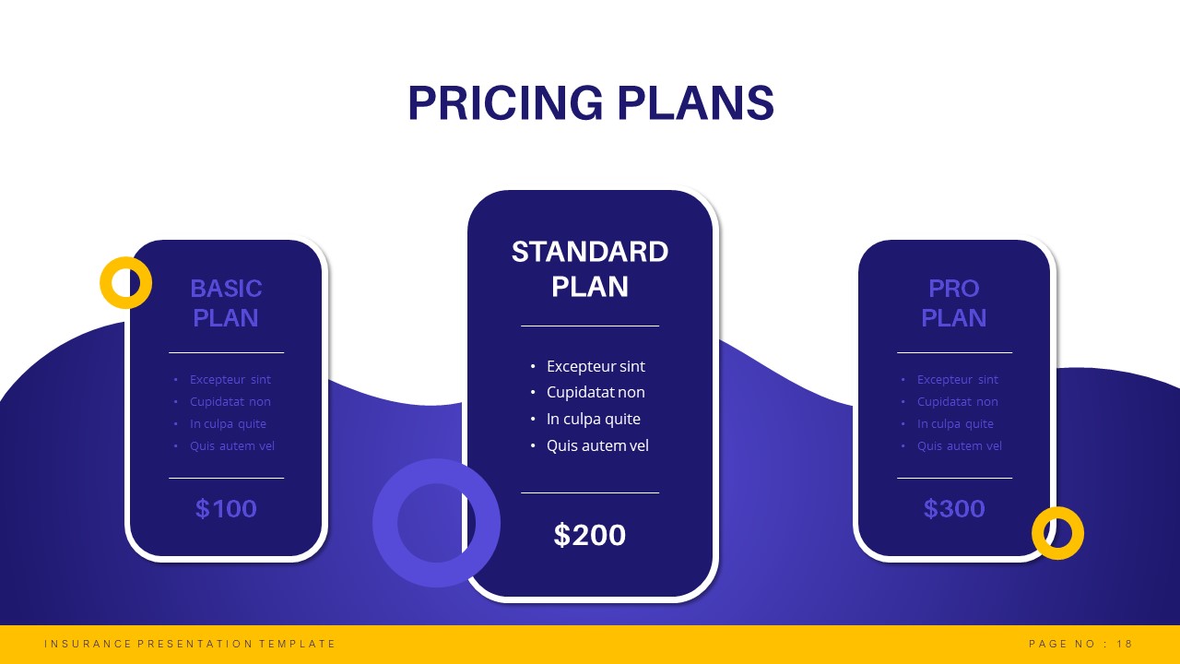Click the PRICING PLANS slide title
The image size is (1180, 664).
590,103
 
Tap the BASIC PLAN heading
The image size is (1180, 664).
226,302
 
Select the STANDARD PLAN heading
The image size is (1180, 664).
590,268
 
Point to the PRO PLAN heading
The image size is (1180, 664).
953,302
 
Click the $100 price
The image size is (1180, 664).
226,509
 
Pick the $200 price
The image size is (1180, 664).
590,535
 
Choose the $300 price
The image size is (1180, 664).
954,509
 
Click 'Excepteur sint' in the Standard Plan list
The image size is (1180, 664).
596,366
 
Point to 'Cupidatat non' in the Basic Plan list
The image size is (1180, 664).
230,402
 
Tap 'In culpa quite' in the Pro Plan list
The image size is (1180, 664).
955,424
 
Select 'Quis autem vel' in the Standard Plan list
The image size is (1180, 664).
597,445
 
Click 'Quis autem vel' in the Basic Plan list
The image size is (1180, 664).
232,446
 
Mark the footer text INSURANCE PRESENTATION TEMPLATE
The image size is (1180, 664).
190,644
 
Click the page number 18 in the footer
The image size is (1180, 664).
1124,644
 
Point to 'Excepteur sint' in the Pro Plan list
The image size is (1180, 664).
958,380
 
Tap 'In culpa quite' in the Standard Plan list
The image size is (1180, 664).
594,419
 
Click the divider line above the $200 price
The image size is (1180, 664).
590,493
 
